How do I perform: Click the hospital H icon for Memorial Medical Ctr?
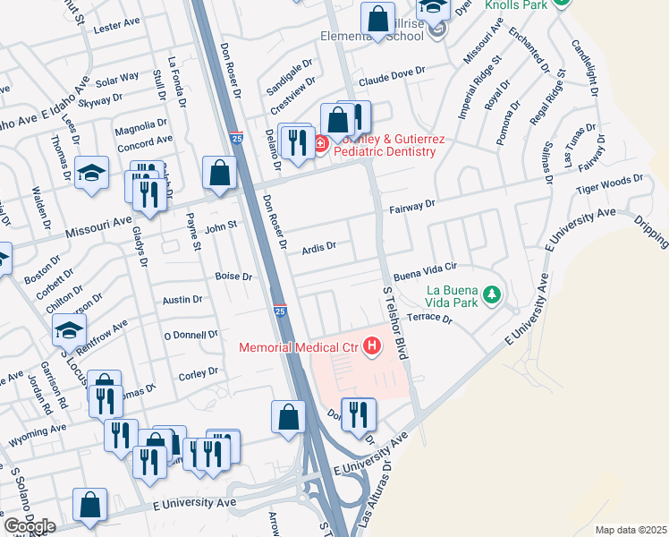point(375,346)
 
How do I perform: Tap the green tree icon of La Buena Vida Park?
point(491,294)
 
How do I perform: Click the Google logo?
point(29,525)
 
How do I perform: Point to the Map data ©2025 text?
point(631,530)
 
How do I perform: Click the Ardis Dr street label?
point(318,246)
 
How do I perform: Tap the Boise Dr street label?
point(234,277)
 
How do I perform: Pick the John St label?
point(219,227)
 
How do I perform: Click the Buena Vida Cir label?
point(426,267)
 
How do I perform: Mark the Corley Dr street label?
point(199,372)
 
